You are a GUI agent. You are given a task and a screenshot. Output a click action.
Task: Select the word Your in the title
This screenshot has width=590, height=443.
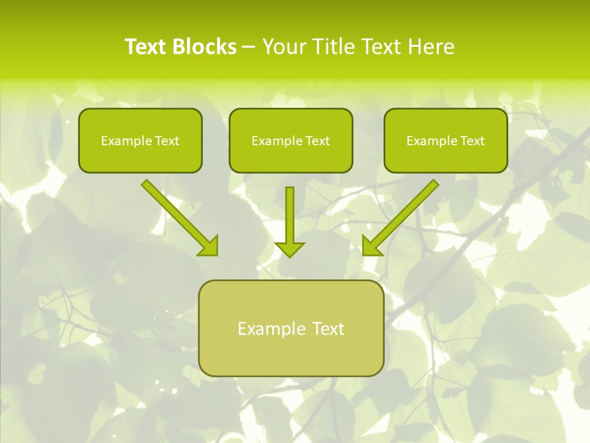click(285, 47)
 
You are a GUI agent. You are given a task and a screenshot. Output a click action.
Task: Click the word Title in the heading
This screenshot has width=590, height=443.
click(334, 47)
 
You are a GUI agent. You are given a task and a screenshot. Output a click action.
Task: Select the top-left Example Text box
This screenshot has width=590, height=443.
click(140, 140)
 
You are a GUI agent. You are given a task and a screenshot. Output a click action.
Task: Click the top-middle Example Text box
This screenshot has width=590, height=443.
click(291, 140)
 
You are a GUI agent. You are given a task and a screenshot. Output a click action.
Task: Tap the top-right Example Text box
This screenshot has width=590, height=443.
click(446, 140)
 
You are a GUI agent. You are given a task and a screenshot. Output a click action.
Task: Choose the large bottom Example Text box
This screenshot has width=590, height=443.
click(291, 328)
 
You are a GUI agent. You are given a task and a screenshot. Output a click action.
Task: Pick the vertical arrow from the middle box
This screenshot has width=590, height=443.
click(289, 215)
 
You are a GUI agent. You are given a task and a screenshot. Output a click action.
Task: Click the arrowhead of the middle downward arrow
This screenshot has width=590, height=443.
click(289, 249)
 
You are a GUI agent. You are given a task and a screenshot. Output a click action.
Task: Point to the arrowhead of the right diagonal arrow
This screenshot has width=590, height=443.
click(371, 246)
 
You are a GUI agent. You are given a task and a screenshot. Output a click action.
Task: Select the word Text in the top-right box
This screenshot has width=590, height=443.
click(472, 141)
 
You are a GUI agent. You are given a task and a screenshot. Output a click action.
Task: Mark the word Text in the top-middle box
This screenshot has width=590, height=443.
click(317, 141)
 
